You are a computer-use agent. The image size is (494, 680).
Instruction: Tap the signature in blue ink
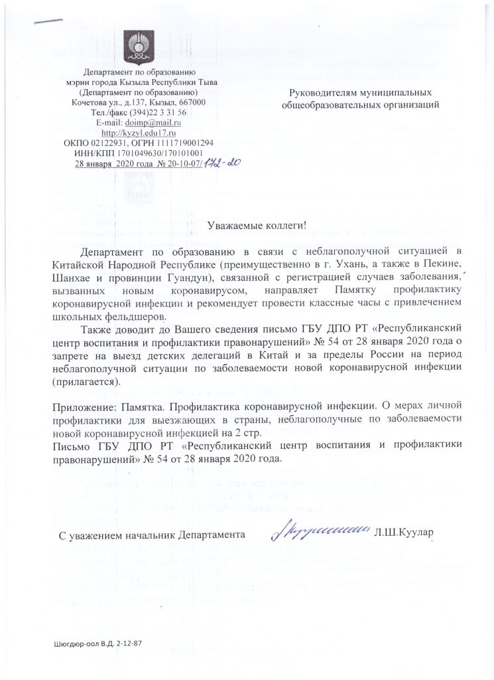click(x=320, y=530)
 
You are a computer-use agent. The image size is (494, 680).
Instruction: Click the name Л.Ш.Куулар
click(x=404, y=533)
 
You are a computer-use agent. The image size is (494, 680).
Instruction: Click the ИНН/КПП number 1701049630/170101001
click(x=158, y=153)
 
